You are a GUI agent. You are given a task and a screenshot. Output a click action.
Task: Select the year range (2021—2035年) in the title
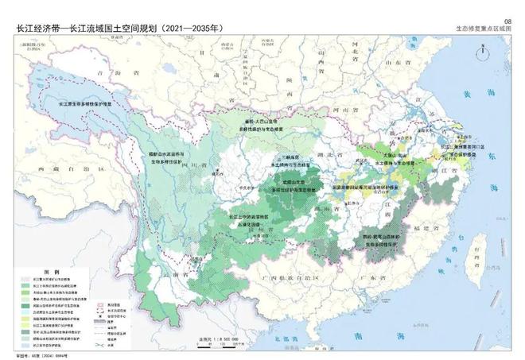[192, 29]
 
